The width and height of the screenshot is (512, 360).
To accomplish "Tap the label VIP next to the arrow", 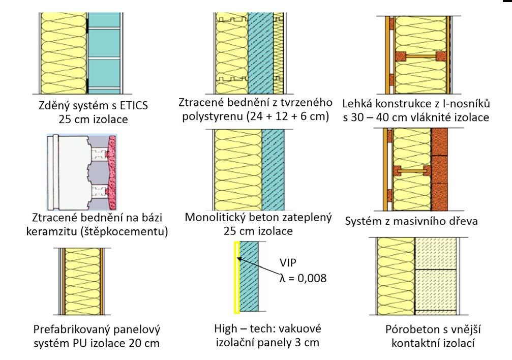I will pyautogui.click(x=288, y=264).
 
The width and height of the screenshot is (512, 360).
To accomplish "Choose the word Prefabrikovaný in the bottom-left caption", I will pyautogui.click(x=70, y=328).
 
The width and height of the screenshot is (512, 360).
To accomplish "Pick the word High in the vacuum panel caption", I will pyautogui.click(x=228, y=328).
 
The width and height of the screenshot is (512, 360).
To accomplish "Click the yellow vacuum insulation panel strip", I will pyautogui.click(x=236, y=277).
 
